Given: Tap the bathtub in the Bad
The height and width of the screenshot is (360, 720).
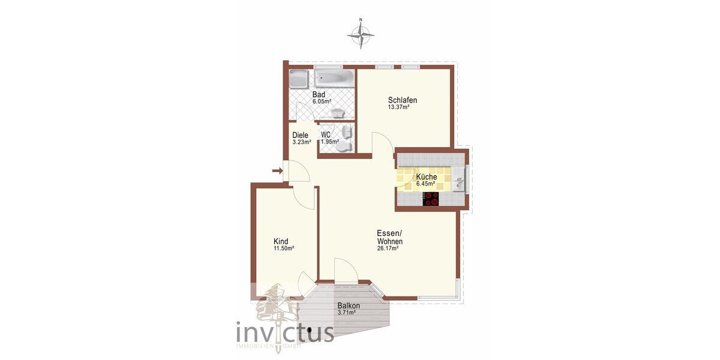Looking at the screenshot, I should (x=335, y=78).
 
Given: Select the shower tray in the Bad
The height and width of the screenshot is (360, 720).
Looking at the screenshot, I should (x=298, y=79).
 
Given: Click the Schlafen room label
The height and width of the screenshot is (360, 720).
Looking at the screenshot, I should (x=403, y=100).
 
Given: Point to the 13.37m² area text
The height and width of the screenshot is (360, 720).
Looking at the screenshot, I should (x=398, y=108).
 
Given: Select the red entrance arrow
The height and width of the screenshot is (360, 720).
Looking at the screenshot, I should (x=277, y=172).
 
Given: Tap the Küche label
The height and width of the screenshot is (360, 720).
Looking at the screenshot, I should (x=426, y=177).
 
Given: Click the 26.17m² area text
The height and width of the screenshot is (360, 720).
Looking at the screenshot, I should (x=388, y=249).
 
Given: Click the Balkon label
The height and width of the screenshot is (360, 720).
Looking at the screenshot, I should (x=349, y=306).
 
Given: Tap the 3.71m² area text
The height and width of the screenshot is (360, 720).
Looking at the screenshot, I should (x=349, y=313).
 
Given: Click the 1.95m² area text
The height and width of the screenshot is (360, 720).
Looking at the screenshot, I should (x=329, y=142).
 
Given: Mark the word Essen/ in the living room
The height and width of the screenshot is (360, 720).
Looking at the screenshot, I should (x=389, y=233).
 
